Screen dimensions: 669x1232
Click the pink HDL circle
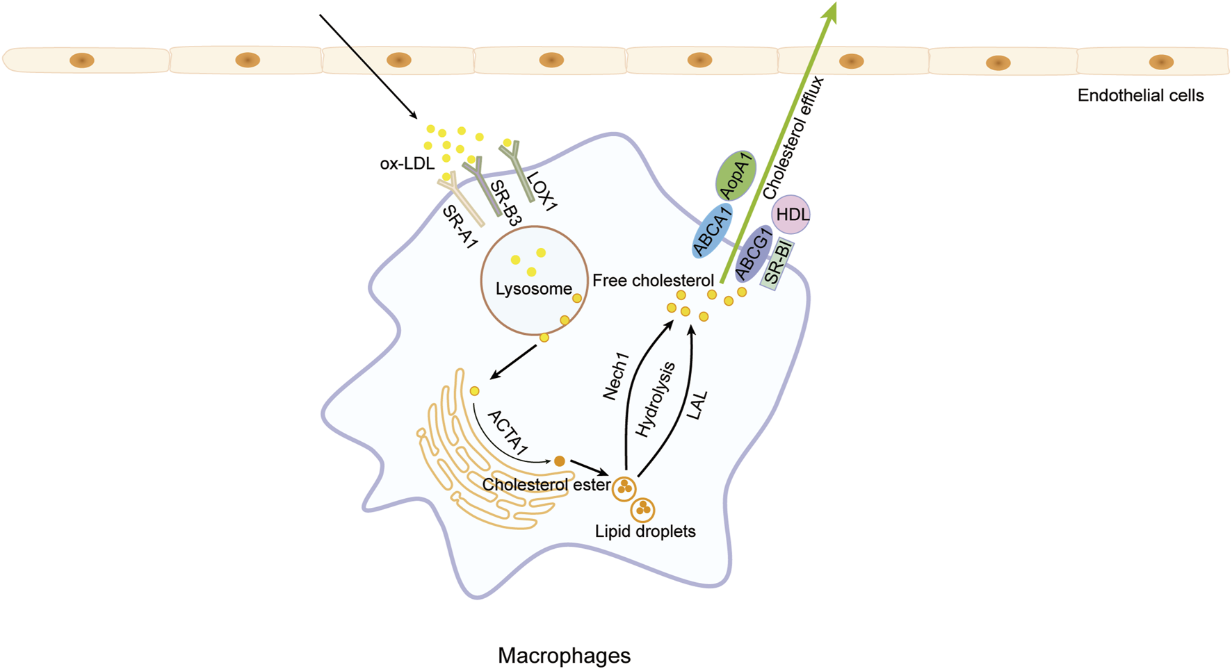click(x=791, y=215)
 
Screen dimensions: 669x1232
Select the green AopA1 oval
click(x=736, y=176)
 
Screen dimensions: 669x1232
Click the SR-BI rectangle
click(x=777, y=264)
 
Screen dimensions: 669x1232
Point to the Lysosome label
click(x=533, y=289)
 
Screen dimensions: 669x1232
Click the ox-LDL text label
click(x=407, y=164)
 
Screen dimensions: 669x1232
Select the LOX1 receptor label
click(x=542, y=191)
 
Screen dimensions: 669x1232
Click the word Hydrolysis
click(x=655, y=399)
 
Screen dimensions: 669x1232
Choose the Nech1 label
click(x=615, y=377)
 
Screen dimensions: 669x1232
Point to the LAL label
click(x=697, y=405)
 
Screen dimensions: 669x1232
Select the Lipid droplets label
click(x=645, y=531)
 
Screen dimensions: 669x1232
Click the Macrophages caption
click(x=564, y=655)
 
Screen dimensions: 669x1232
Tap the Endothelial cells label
click(x=1140, y=95)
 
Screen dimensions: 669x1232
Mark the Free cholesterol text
click(x=653, y=281)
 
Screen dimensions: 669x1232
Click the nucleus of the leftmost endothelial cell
click(x=82, y=60)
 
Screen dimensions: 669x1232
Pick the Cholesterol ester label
click(x=546, y=484)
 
